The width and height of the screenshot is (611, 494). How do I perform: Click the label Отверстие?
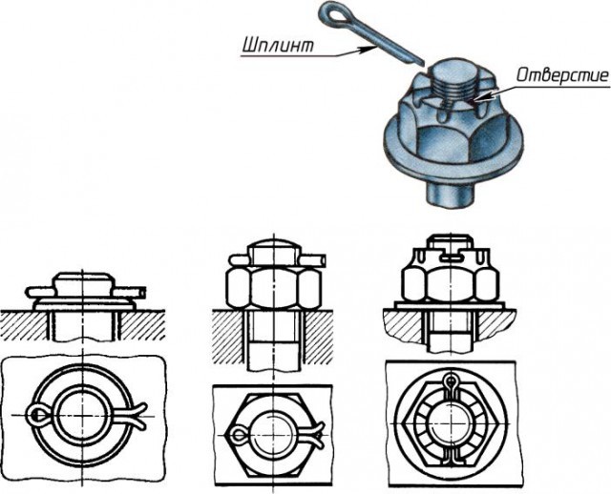point(554,75)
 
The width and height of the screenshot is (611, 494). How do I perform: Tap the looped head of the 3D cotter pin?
point(335,13)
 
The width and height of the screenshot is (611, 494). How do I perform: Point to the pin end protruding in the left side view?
point(139,290)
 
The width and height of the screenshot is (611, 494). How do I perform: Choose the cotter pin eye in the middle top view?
point(239,438)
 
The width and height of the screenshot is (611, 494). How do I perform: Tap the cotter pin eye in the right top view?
point(451,382)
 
